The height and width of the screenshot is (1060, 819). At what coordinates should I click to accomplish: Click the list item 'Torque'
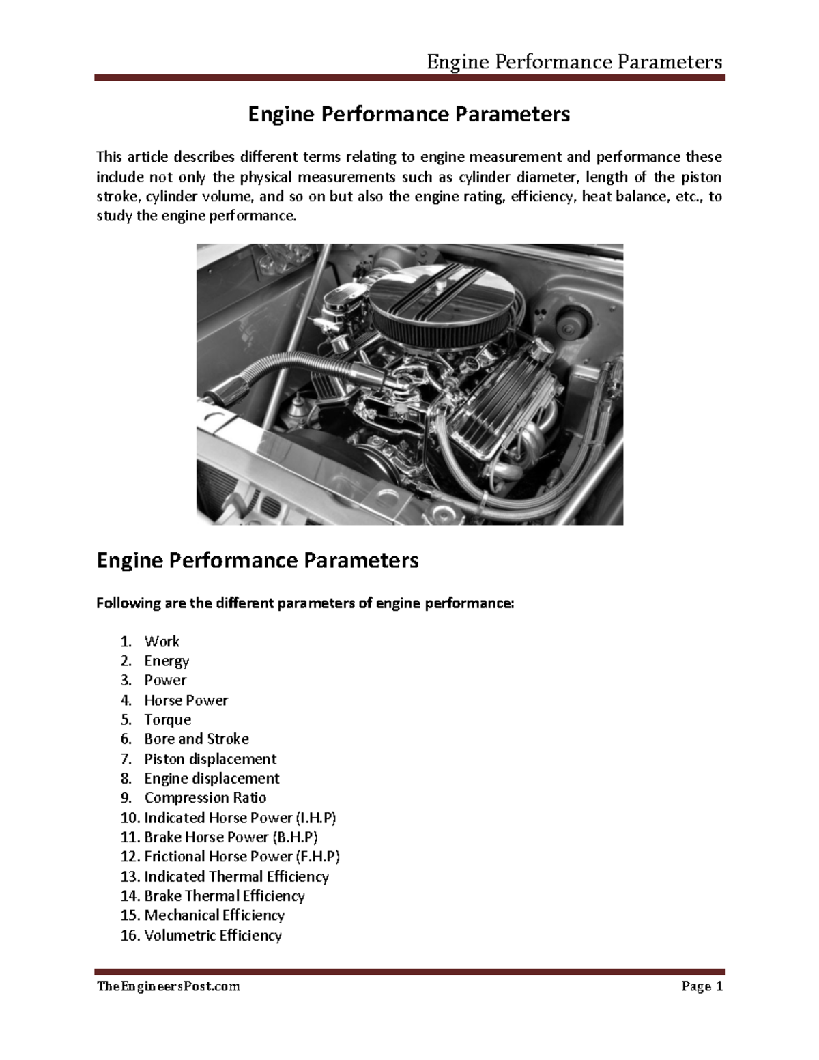[x=167, y=719]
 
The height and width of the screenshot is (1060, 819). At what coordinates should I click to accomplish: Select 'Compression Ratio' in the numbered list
[x=205, y=798]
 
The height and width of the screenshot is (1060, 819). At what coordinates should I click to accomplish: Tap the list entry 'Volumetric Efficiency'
[x=212, y=935]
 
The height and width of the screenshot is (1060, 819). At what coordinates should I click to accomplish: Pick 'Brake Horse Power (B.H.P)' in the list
[x=231, y=837]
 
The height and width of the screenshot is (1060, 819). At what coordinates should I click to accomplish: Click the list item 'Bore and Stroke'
[x=196, y=739]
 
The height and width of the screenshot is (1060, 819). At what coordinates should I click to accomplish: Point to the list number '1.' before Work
[x=126, y=642]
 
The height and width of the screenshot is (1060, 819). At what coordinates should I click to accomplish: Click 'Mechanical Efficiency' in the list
[x=214, y=915]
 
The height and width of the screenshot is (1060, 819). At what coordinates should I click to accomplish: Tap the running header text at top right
[x=574, y=63]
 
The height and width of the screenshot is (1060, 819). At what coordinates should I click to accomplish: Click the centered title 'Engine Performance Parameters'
[x=408, y=115]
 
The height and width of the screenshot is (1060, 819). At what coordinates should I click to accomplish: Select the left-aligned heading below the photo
[x=257, y=561]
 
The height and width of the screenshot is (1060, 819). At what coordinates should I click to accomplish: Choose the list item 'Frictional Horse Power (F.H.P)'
[x=242, y=857]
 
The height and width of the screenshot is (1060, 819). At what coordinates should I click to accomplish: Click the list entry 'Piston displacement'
[x=210, y=759]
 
